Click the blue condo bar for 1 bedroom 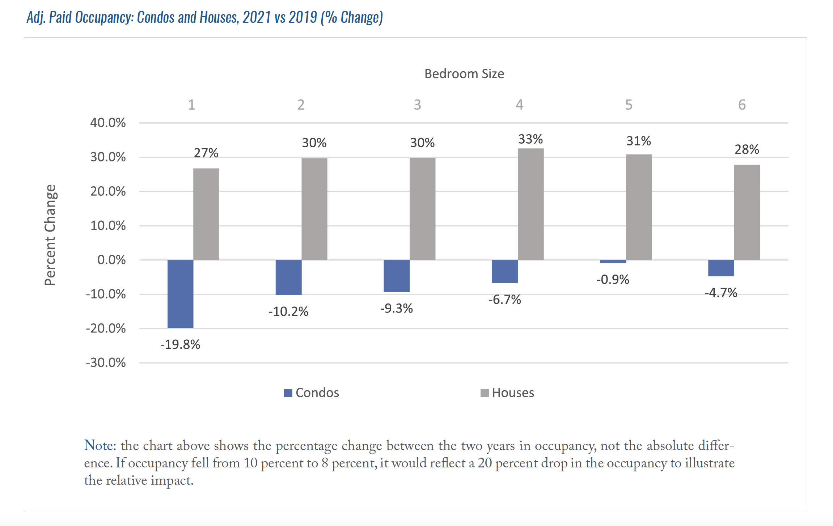(x=180, y=294)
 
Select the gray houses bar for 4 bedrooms (x=530, y=204)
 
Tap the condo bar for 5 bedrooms (x=613, y=261)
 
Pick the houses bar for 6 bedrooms (x=747, y=212)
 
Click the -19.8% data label (x=180, y=344)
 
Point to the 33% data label (x=530, y=139)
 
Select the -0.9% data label (x=613, y=280)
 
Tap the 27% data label (x=206, y=153)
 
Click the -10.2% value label (x=288, y=311)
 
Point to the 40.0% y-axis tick (x=108, y=123)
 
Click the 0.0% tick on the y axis (x=111, y=260)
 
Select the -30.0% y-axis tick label (x=106, y=362)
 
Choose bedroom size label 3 (x=417, y=105)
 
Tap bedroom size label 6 (x=742, y=105)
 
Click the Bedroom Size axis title (x=464, y=74)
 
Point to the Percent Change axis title (x=50, y=235)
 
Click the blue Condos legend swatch (x=288, y=393)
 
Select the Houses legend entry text (x=513, y=393)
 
